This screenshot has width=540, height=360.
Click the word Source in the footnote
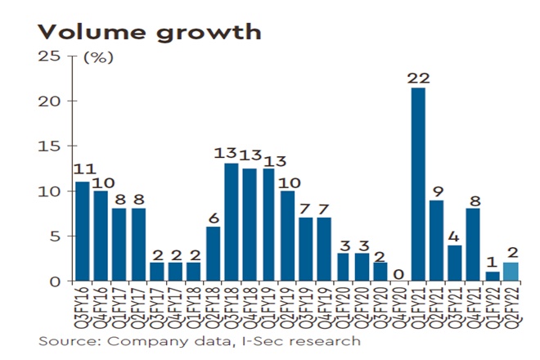coord(64,340)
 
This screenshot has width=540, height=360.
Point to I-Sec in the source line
coord(250,340)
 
